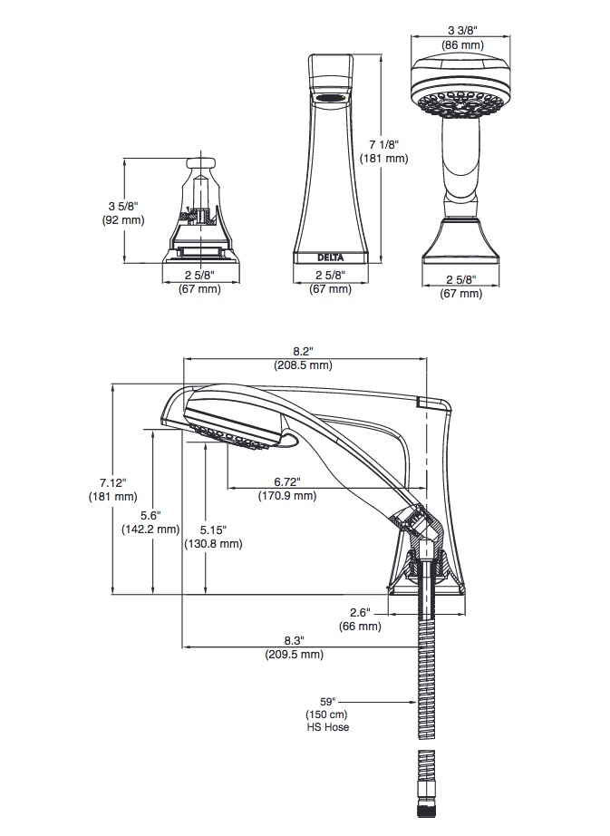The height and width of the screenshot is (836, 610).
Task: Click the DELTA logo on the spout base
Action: tap(330, 258)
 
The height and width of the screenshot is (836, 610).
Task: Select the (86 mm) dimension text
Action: tap(462, 44)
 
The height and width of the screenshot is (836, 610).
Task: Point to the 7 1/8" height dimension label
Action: tap(383, 144)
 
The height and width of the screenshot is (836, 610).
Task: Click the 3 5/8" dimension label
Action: tap(123, 207)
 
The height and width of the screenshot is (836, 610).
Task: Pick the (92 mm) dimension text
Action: tap(123, 219)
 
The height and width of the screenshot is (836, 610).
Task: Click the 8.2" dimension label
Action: tap(303, 351)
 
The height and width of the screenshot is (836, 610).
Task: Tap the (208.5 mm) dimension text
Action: tap(303, 365)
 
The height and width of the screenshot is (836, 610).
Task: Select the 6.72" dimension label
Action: tap(287, 482)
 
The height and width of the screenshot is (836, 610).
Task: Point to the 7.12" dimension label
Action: tap(113, 483)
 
